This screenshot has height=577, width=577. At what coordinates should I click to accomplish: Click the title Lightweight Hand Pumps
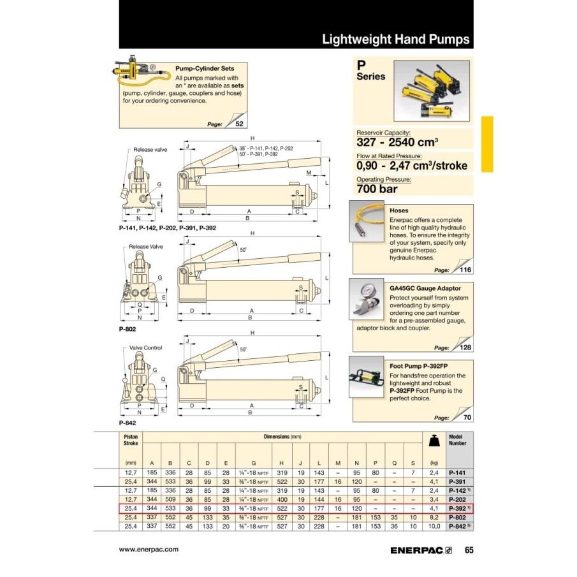pyautogui.click(x=395, y=39)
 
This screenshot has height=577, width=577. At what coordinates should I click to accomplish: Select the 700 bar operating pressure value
pyautogui.click(x=377, y=189)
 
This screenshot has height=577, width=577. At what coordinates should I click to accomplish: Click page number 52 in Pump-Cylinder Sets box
pyautogui.click(x=239, y=124)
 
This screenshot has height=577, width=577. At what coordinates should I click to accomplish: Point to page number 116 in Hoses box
pyautogui.click(x=466, y=270)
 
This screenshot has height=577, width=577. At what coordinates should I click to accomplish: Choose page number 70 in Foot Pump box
pyautogui.click(x=468, y=418)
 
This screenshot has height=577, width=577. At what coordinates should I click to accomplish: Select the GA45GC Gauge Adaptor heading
pyautogui.click(x=425, y=288)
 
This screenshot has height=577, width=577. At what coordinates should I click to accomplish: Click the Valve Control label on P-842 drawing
pyautogui.click(x=145, y=347)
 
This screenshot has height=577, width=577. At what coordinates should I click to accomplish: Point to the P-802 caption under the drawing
pyautogui.click(x=128, y=329)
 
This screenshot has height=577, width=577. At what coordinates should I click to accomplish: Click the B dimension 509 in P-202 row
pyautogui.click(x=170, y=500)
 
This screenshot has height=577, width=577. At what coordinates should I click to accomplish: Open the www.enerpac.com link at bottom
pyautogui.click(x=149, y=549)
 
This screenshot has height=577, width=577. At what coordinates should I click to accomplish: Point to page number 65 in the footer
pyautogui.click(x=469, y=550)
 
